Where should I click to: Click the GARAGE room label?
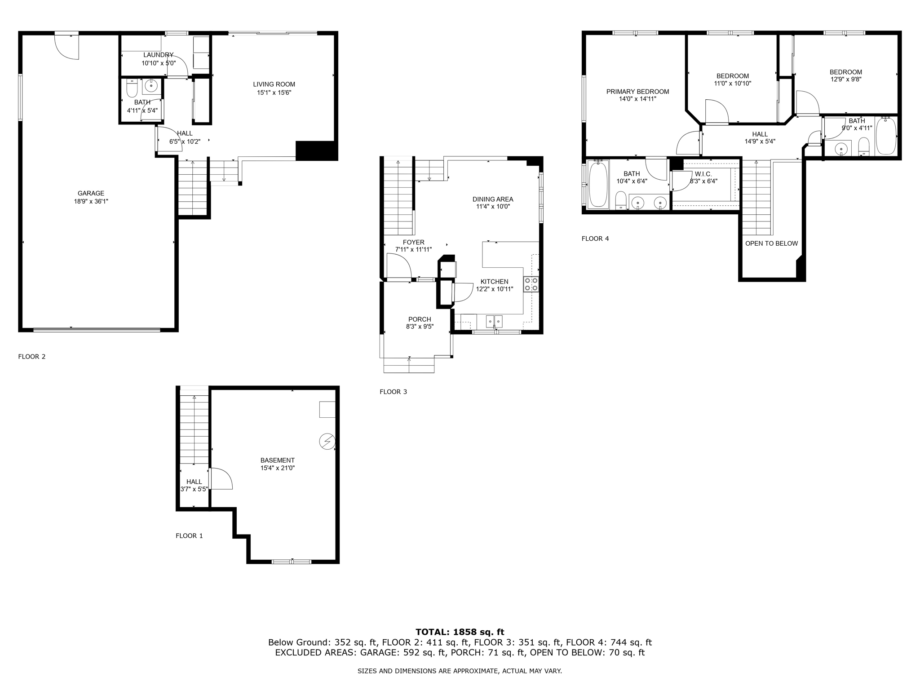coord(91,194)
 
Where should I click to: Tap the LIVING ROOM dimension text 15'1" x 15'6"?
coord(274,93)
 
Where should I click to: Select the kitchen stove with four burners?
coord(531,284)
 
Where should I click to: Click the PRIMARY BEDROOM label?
coord(637,92)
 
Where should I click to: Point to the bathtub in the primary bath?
coord(598,185)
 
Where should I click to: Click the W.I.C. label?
coord(703,174)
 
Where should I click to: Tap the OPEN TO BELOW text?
coord(771,243)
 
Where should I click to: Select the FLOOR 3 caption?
coord(393,392)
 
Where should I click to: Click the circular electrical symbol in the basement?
coord(327,442)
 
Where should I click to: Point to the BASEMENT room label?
coord(277,460)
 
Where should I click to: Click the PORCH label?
coord(420,319)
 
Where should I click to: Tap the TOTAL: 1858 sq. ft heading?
coord(460,632)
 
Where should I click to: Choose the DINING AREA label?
coord(492,199)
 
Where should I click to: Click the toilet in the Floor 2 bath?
coord(132,89)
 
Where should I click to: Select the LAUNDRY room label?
coord(158,55)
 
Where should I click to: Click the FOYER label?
coord(413,243)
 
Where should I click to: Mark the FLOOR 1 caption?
coord(189,535)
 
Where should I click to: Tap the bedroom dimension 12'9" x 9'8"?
coord(845,80)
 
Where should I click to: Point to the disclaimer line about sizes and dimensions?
coord(460,671)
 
